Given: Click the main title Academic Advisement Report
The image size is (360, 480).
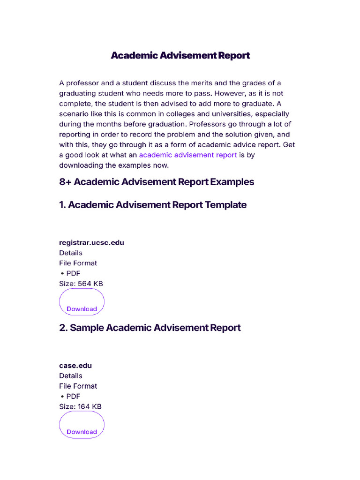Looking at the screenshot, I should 180,55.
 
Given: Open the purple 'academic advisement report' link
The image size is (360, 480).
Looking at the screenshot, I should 187,155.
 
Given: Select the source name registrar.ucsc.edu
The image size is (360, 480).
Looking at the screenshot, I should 91,242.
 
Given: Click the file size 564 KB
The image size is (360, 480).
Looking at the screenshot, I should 92,284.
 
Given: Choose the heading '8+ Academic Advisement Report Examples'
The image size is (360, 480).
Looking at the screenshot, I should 157,182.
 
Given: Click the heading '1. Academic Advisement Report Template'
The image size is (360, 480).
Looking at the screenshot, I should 153,205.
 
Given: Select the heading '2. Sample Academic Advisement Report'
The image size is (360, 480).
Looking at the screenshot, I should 150,328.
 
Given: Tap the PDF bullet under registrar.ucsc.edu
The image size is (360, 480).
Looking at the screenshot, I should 70,273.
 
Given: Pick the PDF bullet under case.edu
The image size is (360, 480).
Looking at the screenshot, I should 70,396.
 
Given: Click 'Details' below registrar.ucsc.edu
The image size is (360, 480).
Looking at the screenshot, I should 71,253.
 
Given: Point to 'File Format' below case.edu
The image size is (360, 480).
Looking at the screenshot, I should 78,386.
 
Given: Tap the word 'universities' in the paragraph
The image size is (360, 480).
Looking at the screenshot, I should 241,114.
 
